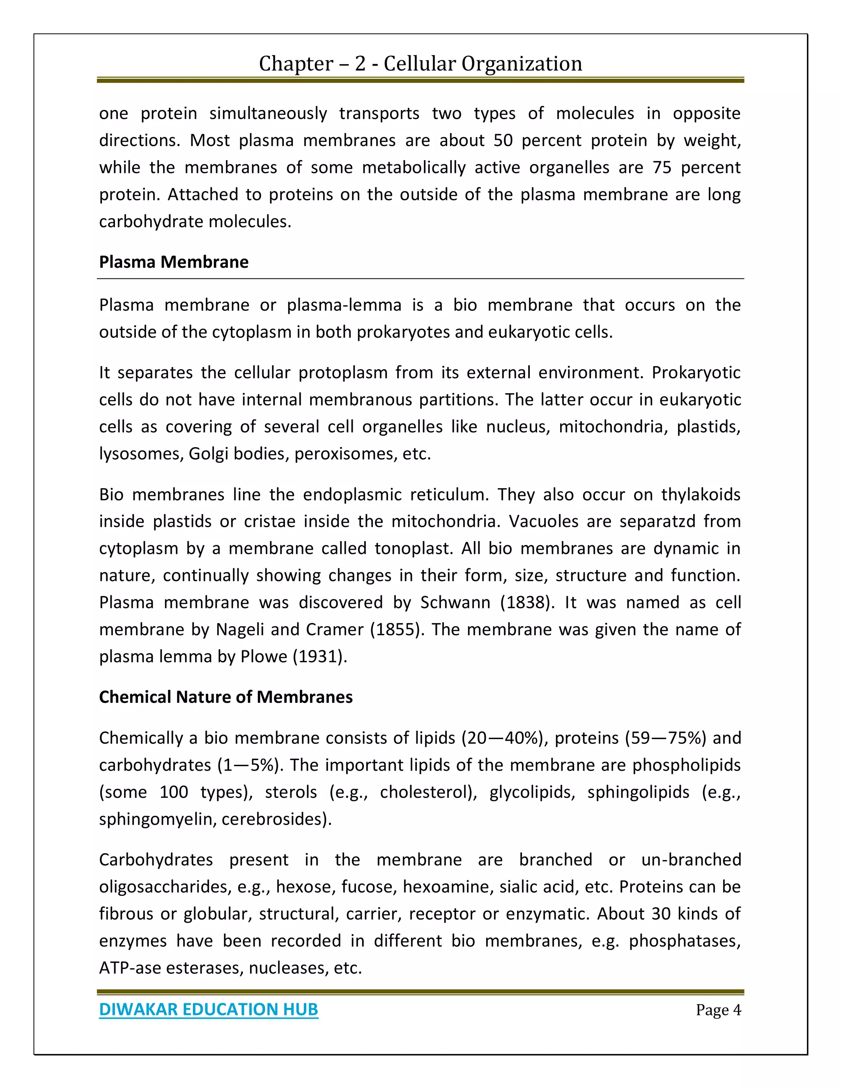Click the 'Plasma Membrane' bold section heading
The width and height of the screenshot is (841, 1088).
point(173,262)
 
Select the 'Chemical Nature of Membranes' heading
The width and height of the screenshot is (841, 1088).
point(226,697)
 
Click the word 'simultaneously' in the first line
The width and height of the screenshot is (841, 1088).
point(268,114)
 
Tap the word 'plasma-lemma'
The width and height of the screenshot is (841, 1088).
point(344,305)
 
